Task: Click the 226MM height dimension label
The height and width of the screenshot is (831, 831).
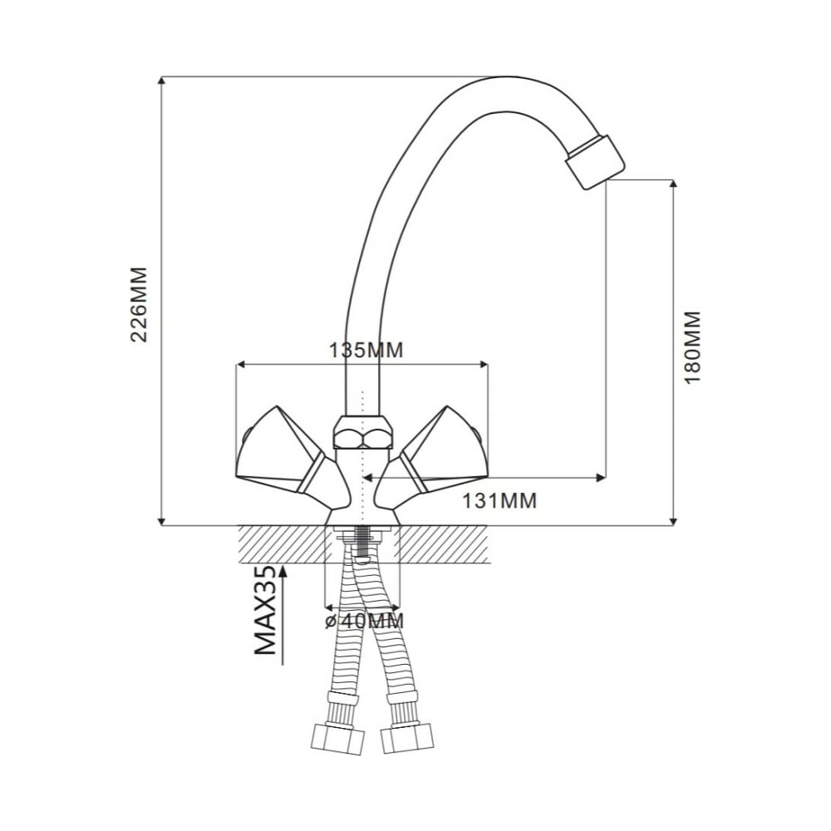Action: (139, 305)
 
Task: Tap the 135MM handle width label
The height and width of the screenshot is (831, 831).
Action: (366, 350)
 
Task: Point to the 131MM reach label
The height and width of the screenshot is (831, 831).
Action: (499, 500)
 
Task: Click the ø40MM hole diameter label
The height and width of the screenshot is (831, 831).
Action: (365, 621)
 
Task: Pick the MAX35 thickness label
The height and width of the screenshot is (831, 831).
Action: (266, 611)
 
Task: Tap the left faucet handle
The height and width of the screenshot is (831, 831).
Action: (292, 455)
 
